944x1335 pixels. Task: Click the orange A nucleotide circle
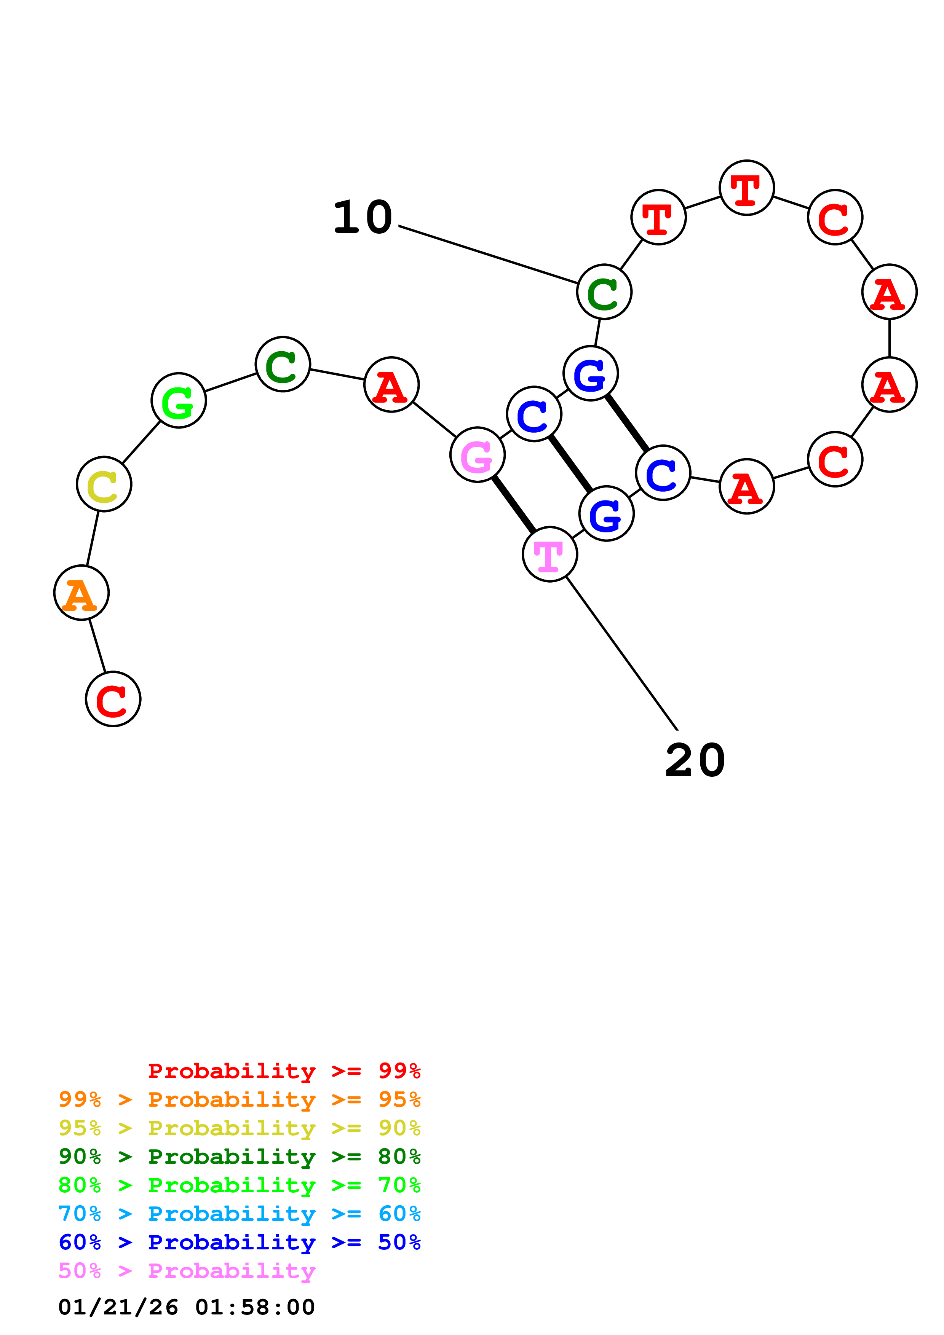pos(81,593)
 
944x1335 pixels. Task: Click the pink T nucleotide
pos(549,554)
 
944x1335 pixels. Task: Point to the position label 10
pos(363,217)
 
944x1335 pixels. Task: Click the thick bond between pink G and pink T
pos(514,504)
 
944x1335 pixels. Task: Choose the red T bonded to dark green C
pos(658,217)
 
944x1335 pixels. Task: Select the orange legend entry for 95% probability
pos(240,1099)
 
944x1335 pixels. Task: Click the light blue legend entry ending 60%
pos(240,1214)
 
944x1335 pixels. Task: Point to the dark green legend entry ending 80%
pos(240,1157)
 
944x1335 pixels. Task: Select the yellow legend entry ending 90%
pos(240,1128)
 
